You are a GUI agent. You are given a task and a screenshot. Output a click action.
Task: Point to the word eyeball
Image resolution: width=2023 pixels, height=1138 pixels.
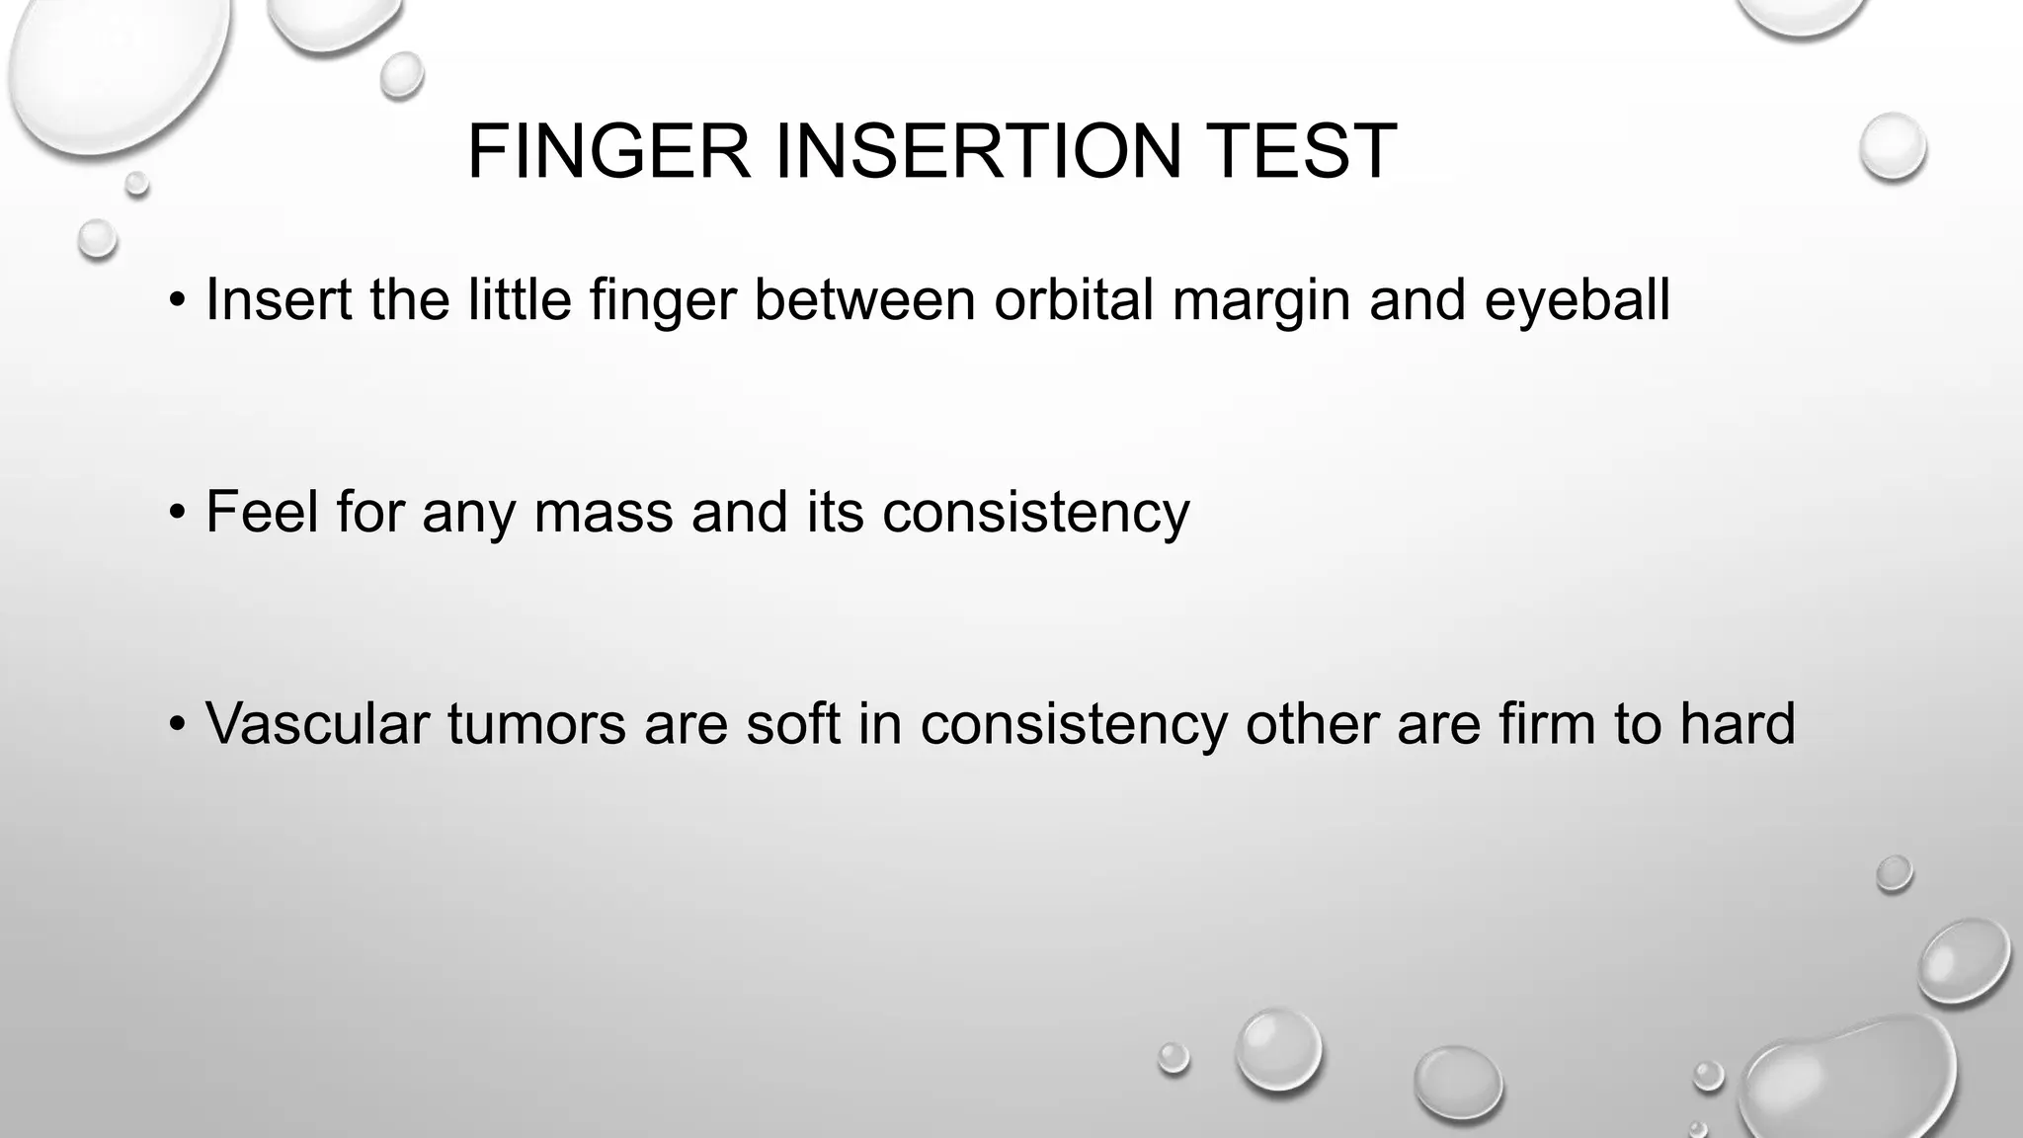point(1577,300)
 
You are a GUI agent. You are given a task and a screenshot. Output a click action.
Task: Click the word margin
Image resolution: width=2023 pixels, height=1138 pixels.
point(1261,300)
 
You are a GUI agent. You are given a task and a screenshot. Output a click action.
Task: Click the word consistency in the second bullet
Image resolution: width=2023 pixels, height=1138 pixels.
point(1035,512)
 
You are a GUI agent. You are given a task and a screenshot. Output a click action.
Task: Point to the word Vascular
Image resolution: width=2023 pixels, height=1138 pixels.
point(317,723)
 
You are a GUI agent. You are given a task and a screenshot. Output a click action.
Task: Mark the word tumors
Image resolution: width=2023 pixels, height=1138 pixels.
point(536,723)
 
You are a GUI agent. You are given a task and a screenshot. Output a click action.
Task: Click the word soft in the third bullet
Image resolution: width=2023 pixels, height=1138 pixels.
point(792,723)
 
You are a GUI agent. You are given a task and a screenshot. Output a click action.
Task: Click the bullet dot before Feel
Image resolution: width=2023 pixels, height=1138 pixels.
point(177,514)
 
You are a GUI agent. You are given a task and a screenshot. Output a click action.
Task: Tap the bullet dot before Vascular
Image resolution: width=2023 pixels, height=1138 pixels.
point(177,725)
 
